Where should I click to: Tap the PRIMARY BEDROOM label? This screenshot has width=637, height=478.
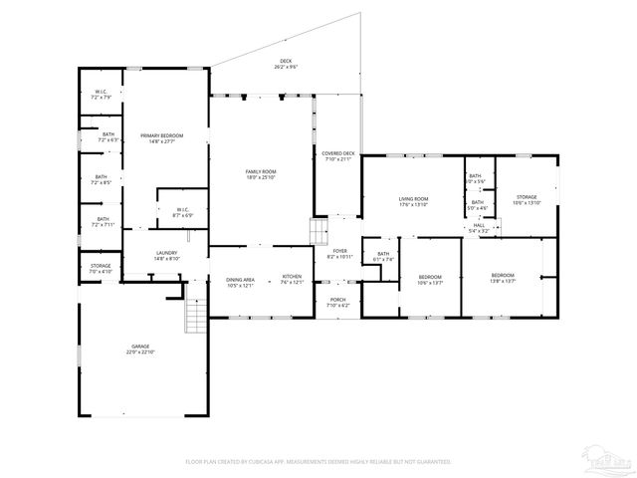(161, 138)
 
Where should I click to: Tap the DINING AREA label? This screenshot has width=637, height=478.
(240, 280)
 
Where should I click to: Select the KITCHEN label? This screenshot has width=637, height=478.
(292, 280)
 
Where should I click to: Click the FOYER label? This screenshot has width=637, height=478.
(339, 254)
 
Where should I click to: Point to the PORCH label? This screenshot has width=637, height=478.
(338, 302)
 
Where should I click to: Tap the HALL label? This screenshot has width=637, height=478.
(480, 227)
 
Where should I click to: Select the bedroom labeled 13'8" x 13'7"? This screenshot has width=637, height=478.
(503, 278)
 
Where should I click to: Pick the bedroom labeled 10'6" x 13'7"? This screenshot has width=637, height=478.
(430, 279)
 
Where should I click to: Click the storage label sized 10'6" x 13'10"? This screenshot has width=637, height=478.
(527, 200)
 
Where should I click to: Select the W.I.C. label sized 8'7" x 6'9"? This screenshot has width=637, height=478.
(183, 212)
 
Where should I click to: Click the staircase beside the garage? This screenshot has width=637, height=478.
(195, 318)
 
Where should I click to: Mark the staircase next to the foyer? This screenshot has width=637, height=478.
(318, 234)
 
